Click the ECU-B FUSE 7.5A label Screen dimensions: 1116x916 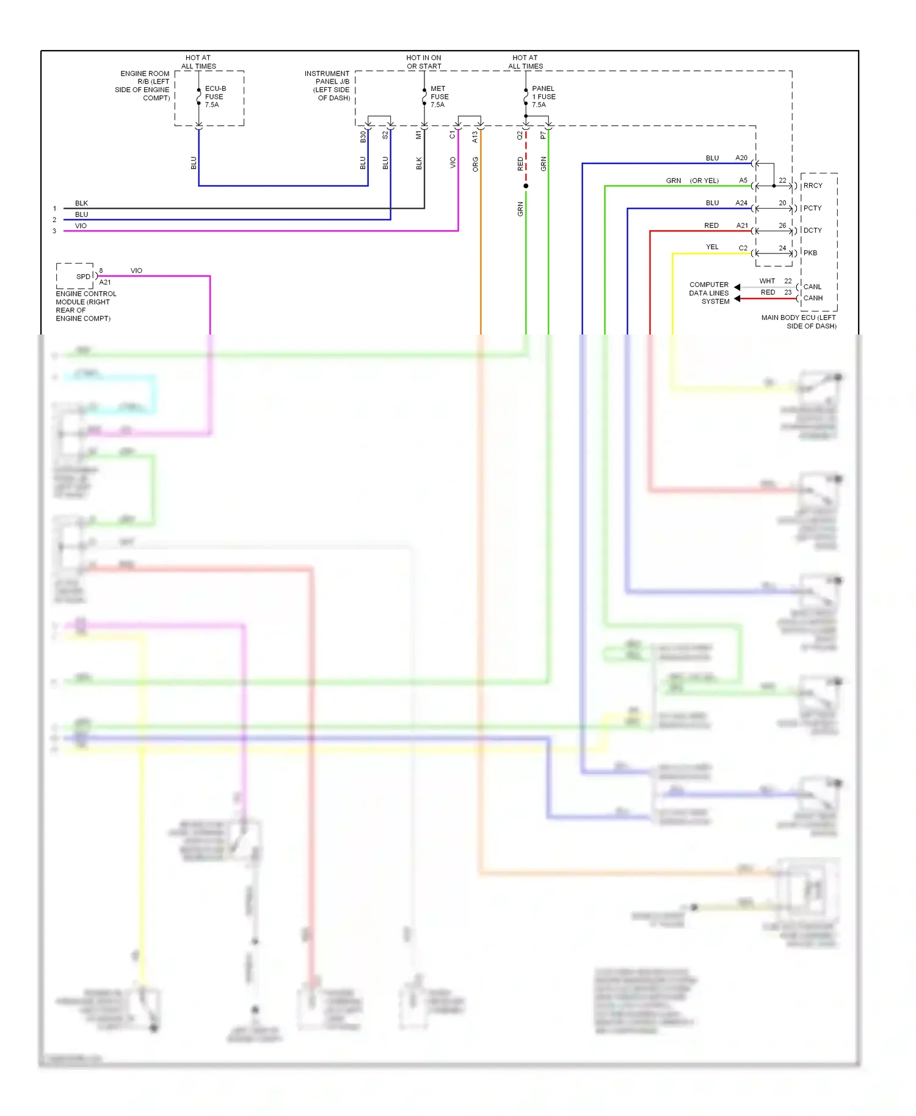click(x=214, y=96)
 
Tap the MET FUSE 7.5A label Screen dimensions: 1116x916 click(x=438, y=96)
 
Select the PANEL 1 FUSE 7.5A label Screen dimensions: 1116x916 click(x=542, y=96)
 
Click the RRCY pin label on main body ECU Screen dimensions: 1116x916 click(x=812, y=186)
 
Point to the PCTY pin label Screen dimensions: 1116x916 click(x=812, y=208)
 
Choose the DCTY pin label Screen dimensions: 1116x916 click(x=812, y=230)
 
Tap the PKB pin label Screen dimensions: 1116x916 click(x=810, y=253)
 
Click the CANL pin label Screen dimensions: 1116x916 click(x=812, y=286)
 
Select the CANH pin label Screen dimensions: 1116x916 click(x=812, y=298)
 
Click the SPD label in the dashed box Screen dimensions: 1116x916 click(x=83, y=277)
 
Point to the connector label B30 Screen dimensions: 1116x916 click(x=363, y=137)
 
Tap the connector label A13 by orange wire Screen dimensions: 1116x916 click(x=475, y=137)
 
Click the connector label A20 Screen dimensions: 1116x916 click(x=741, y=158)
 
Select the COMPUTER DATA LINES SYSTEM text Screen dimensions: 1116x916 click(x=709, y=293)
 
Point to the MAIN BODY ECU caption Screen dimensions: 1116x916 click(x=798, y=322)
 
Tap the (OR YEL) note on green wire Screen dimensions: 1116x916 click(x=704, y=181)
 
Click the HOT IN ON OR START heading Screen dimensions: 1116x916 click(x=424, y=62)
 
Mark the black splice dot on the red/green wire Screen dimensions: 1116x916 click(x=526, y=186)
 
